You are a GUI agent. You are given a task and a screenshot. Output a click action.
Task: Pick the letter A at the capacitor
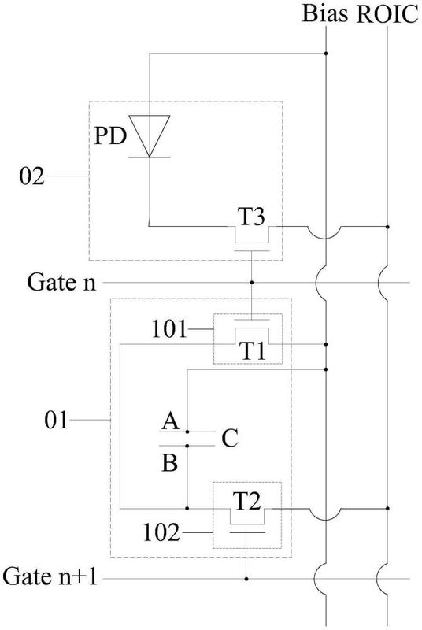coord(168,422)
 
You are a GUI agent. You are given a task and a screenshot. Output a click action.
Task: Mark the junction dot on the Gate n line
coord(252,281)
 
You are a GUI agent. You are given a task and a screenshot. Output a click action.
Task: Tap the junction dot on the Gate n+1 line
coord(246,579)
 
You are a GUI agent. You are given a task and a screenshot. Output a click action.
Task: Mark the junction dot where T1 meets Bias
coord(325,344)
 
